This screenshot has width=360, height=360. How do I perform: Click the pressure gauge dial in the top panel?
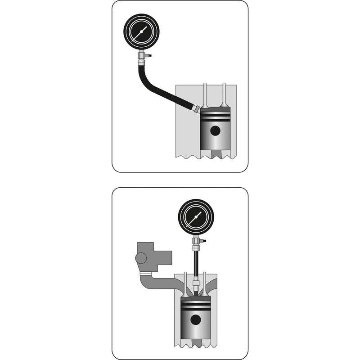[x=141, y=32]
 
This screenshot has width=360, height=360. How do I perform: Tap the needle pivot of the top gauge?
[x=141, y=32]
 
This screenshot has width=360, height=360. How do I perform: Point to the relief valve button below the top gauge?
[x=149, y=56]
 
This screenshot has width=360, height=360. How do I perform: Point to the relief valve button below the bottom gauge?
[x=203, y=242]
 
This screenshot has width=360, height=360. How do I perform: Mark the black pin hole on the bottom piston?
[x=195, y=320]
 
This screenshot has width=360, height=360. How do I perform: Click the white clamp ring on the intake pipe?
[x=145, y=274]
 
